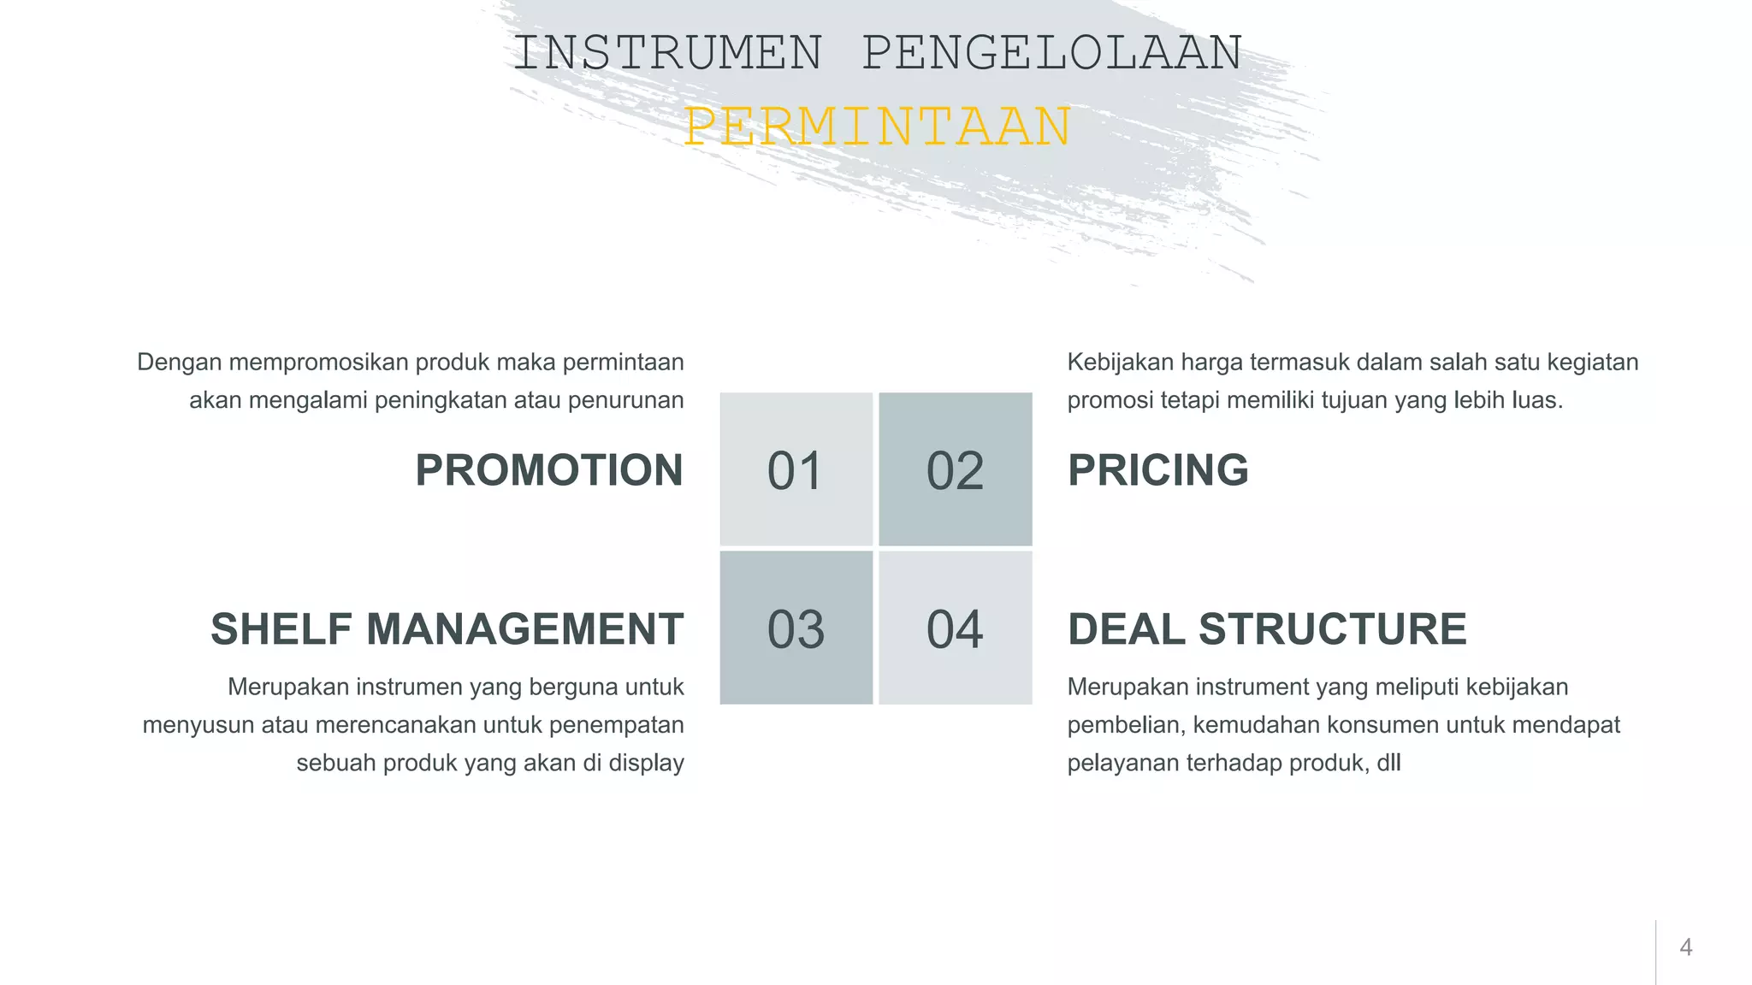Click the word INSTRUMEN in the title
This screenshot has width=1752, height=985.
pyautogui.click(x=667, y=53)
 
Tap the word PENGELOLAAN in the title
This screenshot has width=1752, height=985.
pyautogui.click(x=1052, y=53)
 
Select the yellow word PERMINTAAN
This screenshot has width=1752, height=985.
pyautogui.click(x=878, y=127)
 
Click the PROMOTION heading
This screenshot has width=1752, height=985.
pyautogui.click(x=549, y=470)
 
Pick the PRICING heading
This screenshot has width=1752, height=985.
pyautogui.click(x=1158, y=470)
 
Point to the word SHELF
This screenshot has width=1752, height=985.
pyautogui.click(x=281, y=629)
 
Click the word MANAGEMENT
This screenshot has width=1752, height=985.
pyautogui.click(x=524, y=629)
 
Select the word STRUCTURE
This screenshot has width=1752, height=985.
pyautogui.click(x=1333, y=629)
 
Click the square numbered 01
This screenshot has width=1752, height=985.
pyautogui.click(x=796, y=469)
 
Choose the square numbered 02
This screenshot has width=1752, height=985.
pyautogui.click(x=956, y=469)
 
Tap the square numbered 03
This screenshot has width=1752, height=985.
pyautogui.click(x=796, y=628)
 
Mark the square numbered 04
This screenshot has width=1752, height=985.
pyautogui.click(x=956, y=628)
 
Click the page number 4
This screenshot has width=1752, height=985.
pyautogui.click(x=1686, y=947)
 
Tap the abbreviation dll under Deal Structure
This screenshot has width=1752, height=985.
pyautogui.click(x=1388, y=763)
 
